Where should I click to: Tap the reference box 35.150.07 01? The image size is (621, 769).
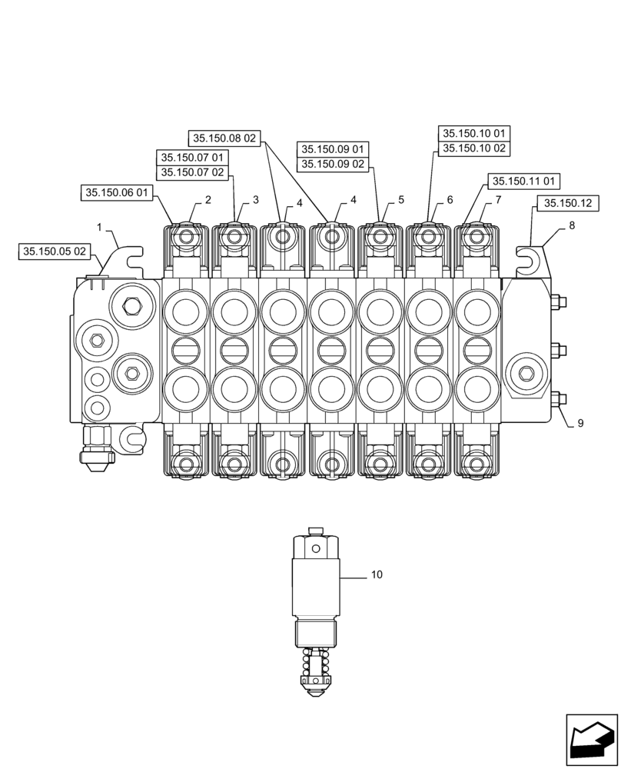(x=192, y=158)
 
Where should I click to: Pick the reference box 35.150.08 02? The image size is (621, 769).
(x=224, y=139)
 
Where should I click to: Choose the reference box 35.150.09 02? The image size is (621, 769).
(x=333, y=164)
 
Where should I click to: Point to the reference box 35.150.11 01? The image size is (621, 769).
(x=523, y=181)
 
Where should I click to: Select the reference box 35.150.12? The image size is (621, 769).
(x=567, y=204)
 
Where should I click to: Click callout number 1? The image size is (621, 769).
(x=100, y=227)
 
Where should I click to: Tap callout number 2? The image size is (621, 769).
(x=208, y=200)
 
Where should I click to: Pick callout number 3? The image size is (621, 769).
(x=256, y=200)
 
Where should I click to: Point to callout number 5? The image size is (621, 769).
(x=401, y=200)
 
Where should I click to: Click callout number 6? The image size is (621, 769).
(x=450, y=200)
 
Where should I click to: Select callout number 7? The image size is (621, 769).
(x=498, y=200)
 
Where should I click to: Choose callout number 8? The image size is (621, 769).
(x=572, y=225)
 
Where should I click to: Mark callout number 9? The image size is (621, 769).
(x=581, y=423)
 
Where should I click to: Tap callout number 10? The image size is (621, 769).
(x=377, y=574)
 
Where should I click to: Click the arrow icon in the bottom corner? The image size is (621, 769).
(x=591, y=741)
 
